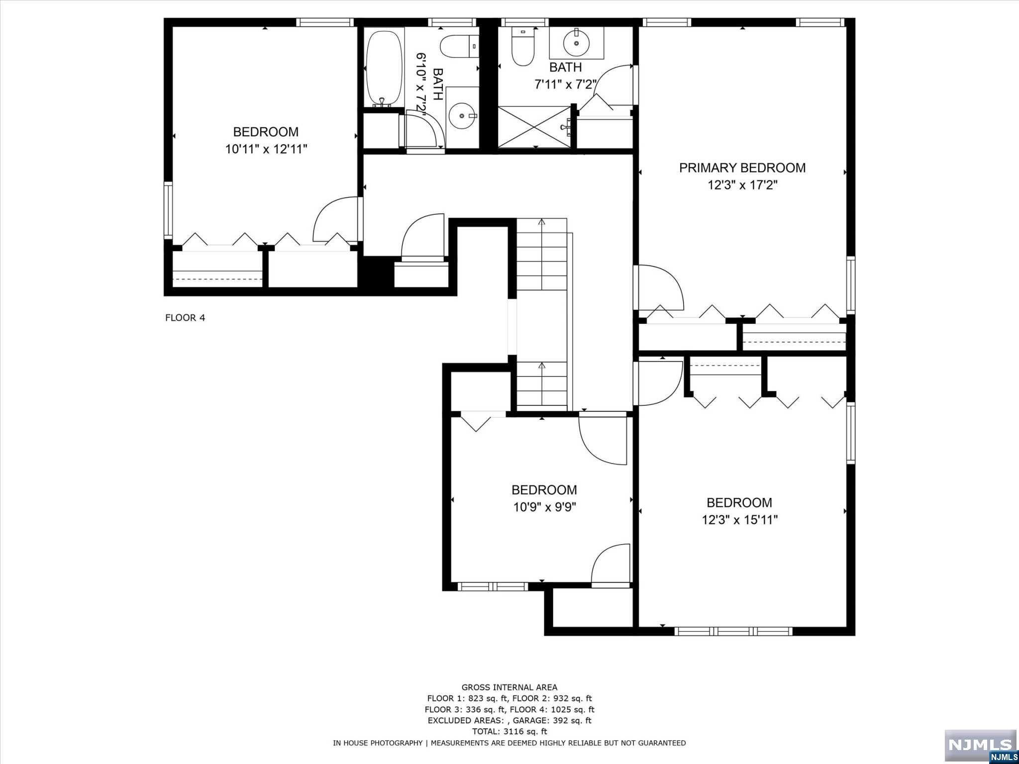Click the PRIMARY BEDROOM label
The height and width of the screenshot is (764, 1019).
(x=742, y=168)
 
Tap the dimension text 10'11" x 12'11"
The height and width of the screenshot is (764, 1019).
(x=266, y=149)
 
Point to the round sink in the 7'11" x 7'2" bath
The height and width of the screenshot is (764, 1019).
(x=577, y=43)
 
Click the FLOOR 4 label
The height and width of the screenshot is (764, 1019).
(x=185, y=318)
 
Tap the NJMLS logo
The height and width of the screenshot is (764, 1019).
(x=980, y=745)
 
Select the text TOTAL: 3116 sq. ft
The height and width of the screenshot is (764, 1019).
(x=509, y=731)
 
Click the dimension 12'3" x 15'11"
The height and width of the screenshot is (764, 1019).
(x=739, y=520)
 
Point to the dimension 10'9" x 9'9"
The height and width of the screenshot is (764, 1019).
(x=544, y=507)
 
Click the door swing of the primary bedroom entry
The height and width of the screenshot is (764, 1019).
(x=661, y=287)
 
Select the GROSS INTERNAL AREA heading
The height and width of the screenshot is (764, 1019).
(x=509, y=687)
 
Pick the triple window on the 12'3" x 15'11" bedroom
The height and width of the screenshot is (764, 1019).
(x=733, y=631)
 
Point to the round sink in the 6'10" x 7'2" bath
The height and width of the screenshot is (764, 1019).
(x=462, y=116)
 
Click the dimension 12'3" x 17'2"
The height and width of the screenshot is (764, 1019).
(x=742, y=186)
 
